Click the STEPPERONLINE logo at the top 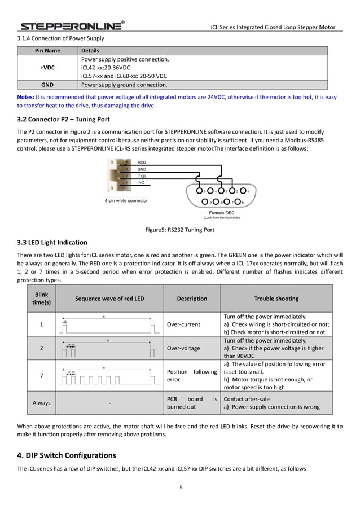71,26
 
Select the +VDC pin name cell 47,67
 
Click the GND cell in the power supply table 47,85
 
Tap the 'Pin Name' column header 47,50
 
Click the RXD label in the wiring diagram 142,162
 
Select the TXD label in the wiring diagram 142,176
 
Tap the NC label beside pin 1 141,183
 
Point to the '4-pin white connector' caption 126,200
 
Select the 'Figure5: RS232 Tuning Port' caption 179,230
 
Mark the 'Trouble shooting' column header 276,299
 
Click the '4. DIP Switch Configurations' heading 67,455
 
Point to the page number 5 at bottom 181,488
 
